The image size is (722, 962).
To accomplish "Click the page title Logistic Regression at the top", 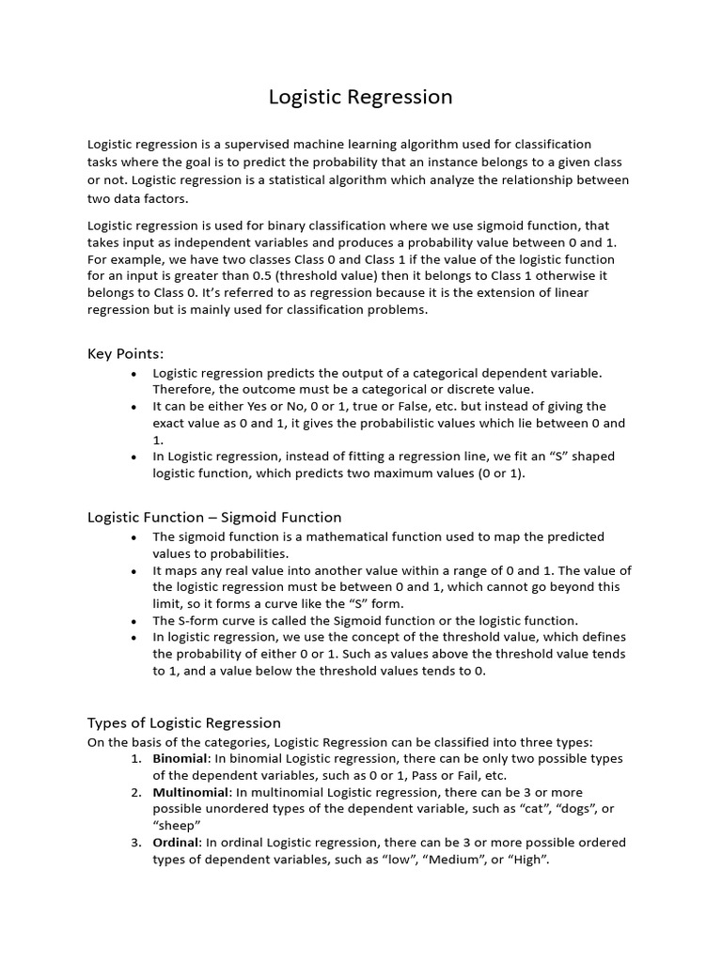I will (x=360, y=97).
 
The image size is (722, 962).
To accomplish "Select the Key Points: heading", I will (x=125, y=353).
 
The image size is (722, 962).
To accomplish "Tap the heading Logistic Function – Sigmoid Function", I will (x=214, y=517).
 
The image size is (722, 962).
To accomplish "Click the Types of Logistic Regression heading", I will (x=184, y=722).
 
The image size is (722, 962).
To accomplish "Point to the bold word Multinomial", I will (x=191, y=792).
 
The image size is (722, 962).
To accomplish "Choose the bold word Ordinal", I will (x=175, y=843).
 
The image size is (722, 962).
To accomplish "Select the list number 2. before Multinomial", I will (x=136, y=792).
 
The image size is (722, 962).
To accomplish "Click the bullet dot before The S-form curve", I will (x=133, y=621).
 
